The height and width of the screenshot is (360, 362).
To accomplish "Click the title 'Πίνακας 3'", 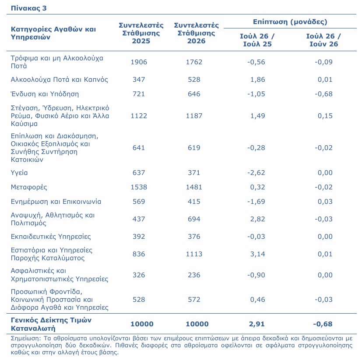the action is coord(28,8).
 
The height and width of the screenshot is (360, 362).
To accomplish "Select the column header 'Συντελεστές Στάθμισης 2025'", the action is coord(141,33).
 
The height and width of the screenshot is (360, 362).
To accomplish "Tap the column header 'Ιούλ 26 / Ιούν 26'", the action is coord(323,40).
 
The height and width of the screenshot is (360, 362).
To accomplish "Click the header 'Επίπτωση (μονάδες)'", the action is coord(290,22).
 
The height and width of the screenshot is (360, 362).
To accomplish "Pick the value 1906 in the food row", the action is coord(139,62).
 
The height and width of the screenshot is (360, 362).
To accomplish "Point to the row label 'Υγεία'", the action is coord(19,173).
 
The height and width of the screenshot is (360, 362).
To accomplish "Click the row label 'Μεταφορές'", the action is coord(29,187).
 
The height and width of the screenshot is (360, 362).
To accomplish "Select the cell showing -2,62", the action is coord(256,173).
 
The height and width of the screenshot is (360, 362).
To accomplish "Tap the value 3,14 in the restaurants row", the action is coord(258,254).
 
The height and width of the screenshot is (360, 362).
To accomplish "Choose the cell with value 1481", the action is coord(194,187).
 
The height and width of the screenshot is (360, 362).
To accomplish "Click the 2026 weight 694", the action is coord(194,219).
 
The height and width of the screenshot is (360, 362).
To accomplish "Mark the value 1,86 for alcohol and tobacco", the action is coord(258,79).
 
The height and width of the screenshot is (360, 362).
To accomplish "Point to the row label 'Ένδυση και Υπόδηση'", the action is coord(45,94).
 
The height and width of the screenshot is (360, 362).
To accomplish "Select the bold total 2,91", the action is coord(257,324).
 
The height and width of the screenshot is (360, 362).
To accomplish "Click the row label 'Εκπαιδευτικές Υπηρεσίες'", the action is coord(51,237).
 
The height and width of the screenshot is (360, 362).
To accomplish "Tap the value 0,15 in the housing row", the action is coord(325,115).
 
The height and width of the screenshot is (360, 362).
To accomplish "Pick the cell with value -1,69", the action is coord(256,202).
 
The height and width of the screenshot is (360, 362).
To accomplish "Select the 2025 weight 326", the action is coord(139,275).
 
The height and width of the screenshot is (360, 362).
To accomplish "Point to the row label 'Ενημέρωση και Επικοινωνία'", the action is coord(56,202).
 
